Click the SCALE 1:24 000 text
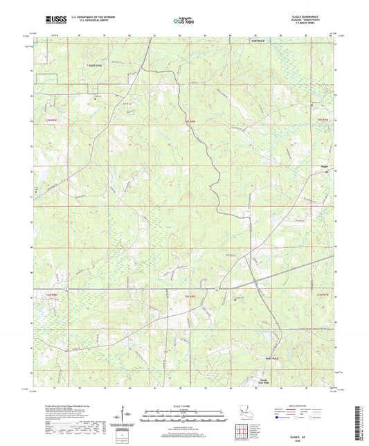(x=184, y=406)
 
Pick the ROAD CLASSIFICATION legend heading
(x=303, y=407)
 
